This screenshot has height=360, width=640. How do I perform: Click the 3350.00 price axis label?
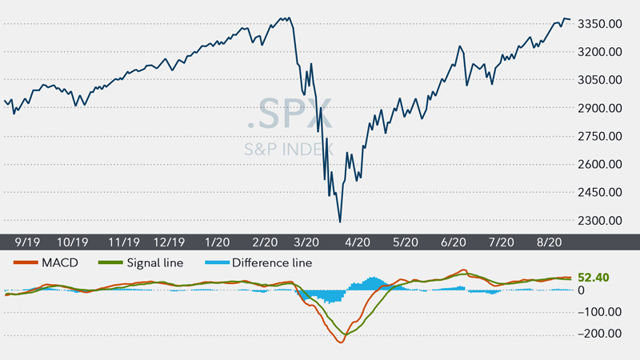click(x=599, y=24)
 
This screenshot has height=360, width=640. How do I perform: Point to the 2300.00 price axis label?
click(x=599, y=221)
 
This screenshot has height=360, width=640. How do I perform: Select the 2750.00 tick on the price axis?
click(x=599, y=137)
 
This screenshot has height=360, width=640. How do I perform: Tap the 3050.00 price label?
click(x=599, y=80)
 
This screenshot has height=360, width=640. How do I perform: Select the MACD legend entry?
click(x=48, y=262)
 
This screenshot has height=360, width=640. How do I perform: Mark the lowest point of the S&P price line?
click(x=340, y=222)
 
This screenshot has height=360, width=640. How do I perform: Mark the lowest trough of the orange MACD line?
click(x=341, y=342)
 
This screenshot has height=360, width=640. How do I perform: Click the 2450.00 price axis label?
click(x=599, y=193)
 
